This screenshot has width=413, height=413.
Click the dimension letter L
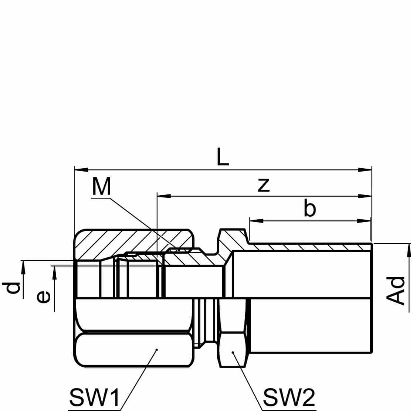point(223,157)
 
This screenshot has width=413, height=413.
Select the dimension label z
point(264,185)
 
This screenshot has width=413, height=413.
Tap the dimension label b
point(309,208)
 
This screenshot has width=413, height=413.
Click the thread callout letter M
point(101,186)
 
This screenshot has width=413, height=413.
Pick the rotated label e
point(43,297)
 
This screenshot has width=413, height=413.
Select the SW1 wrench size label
point(94,397)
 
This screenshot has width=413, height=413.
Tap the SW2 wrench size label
point(289,397)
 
